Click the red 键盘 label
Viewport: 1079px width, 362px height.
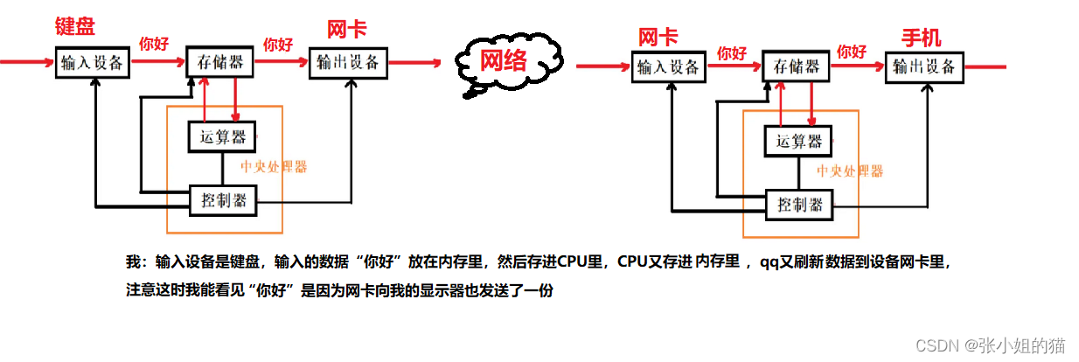[x=74, y=25]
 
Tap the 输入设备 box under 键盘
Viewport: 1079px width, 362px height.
[x=92, y=63]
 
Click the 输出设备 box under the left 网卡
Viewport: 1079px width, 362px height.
[x=348, y=62]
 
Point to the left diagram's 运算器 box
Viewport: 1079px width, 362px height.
[x=222, y=136]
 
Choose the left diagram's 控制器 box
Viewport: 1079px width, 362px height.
[x=223, y=200]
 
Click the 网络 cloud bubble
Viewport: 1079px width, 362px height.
[x=504, y=61]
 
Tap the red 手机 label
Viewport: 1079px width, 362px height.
[x=922, y=38]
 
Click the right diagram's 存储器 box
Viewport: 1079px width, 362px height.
[x=796, y=67]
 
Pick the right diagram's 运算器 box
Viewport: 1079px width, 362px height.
[x=797, y=141]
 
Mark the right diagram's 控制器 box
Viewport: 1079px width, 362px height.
[x=799, y=205]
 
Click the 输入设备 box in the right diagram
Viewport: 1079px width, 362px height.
[x=668, y=66]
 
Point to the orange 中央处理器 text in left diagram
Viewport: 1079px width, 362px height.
[x=273, y=166]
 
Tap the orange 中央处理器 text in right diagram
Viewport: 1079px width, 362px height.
[x=850, y=171]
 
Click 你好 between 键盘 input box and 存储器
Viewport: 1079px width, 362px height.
[x=154, y=43]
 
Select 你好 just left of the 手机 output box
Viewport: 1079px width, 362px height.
[x=852, y=52]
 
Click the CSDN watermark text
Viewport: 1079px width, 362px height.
[x=991, y=345]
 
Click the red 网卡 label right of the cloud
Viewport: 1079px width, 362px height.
[x=658, y=38]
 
